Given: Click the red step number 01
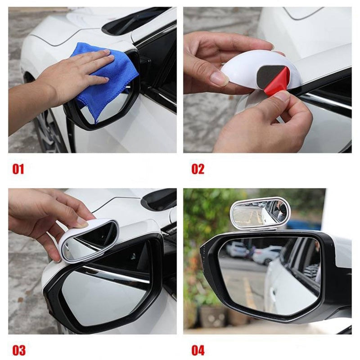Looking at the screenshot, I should tap(18, 169).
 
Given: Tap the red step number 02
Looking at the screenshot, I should tap(198, 169).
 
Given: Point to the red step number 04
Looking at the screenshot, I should tap(198, 350).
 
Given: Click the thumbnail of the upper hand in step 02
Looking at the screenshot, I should tap(219, 79).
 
